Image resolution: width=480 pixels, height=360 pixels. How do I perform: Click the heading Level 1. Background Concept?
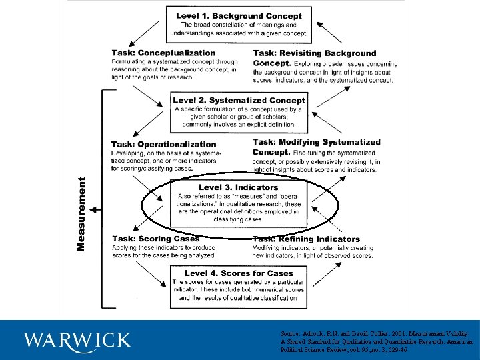239,16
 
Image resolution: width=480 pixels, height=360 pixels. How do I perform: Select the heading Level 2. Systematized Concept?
239,101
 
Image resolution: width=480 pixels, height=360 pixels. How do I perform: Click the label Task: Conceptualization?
163,53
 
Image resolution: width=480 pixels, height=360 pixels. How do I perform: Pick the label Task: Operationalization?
163,144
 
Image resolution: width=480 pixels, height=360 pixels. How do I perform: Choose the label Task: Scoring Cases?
155,239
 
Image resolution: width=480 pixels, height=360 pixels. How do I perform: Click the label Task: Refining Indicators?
306,239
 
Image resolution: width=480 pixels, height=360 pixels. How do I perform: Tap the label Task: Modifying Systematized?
316,142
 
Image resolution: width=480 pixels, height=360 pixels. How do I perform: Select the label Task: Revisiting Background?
315,53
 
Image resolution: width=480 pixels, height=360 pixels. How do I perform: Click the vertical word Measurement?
81,213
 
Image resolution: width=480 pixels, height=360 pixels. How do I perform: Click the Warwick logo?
77,340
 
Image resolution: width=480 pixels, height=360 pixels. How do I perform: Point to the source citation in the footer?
377,340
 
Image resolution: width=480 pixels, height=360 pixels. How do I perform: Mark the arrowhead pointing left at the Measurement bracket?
93,210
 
